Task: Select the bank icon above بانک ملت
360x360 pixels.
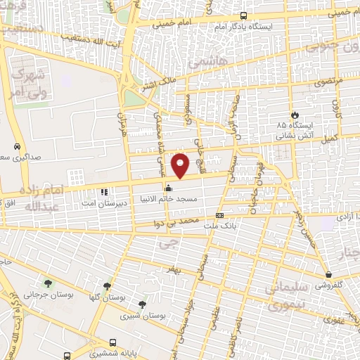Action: (220, 215)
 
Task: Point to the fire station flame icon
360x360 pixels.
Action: (295, 115)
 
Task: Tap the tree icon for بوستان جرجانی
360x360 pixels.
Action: (48, 283)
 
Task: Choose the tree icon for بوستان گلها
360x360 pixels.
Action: (107, 286)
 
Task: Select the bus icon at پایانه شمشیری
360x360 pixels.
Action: (66, 356)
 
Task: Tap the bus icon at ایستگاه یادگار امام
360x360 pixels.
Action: (243, 15)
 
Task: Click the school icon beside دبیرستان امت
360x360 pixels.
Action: (103, 191)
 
